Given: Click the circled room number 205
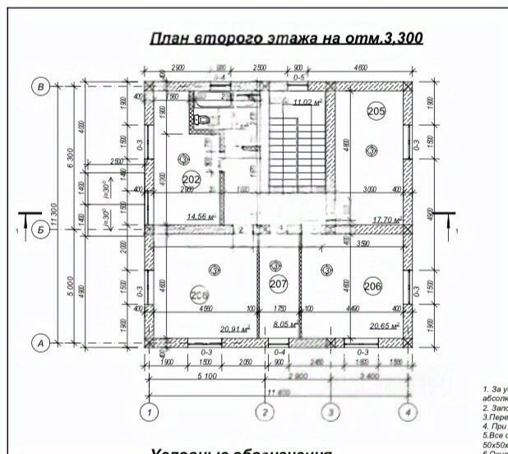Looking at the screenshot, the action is click(376, 111).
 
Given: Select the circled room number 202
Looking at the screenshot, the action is click(192, 178).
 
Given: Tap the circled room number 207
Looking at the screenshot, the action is click(279, 285).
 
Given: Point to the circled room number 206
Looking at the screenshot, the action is click(372, 285).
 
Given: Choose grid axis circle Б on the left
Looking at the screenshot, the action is click(38, 229).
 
